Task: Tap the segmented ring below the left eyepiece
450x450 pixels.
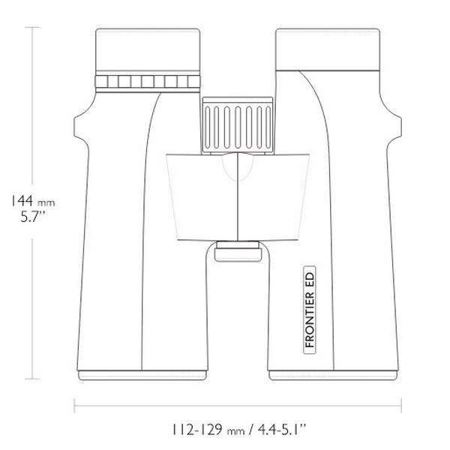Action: click(x=150, y=82)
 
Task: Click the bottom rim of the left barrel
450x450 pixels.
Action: click(x=142, y=373)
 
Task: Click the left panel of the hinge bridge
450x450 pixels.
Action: click(x=201, y=195)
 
